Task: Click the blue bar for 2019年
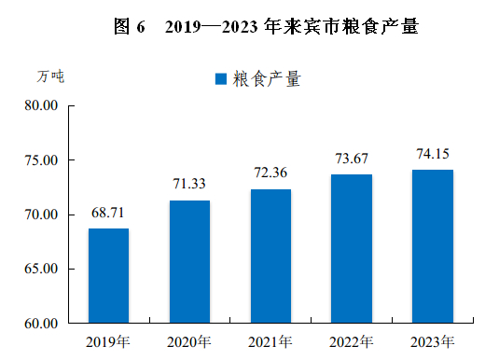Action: [108, 276]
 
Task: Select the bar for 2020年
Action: [189, 262]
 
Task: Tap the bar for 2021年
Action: [270, 256]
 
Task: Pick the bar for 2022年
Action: [352, 249]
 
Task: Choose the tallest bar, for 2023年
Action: [433, 246]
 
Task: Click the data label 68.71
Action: [107, 213]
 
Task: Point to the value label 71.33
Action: [189, 184]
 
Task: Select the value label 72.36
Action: [270, 173]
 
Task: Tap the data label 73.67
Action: [352, 159]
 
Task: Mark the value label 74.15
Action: [433, 154]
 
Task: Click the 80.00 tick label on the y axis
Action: [41, 105]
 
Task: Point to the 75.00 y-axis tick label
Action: [41, 160]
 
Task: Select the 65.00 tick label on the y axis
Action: [41, 269]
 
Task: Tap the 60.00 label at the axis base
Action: [41, 324]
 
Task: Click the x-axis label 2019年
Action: [108, 342]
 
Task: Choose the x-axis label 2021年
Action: [270, 342]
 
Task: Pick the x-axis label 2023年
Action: [433, 342]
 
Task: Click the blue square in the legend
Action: [221, 79]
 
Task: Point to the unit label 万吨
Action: [50, 76]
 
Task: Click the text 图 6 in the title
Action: [130, 26]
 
